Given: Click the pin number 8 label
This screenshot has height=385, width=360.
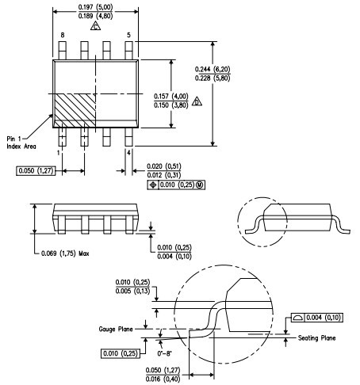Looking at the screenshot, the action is (x=63, y=35).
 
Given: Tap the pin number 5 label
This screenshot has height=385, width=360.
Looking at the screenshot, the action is (x=128, y=35).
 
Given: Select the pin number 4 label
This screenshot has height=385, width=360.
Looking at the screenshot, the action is (x=128, y=153).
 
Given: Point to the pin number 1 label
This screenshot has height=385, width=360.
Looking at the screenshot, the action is (x=59, y=153).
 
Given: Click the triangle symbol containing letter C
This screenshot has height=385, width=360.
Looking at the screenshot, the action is (x=95, y=26).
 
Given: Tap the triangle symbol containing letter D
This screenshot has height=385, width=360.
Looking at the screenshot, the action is (x=197, y=101).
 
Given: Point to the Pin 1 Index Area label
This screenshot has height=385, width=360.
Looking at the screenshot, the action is (x=21, y=143).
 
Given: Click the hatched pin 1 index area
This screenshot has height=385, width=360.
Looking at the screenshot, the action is (x=75, y=110).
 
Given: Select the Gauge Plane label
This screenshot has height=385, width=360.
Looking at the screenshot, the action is (x=116, y=329).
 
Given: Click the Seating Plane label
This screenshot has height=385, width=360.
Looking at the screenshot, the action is (x=317, y=337).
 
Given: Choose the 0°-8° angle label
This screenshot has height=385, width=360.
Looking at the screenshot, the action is (x=164, y=353).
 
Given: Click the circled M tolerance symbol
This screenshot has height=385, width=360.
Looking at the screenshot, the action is (x=200, y=185).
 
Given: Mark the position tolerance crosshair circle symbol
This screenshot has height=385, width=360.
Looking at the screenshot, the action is (x=153, y=185).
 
